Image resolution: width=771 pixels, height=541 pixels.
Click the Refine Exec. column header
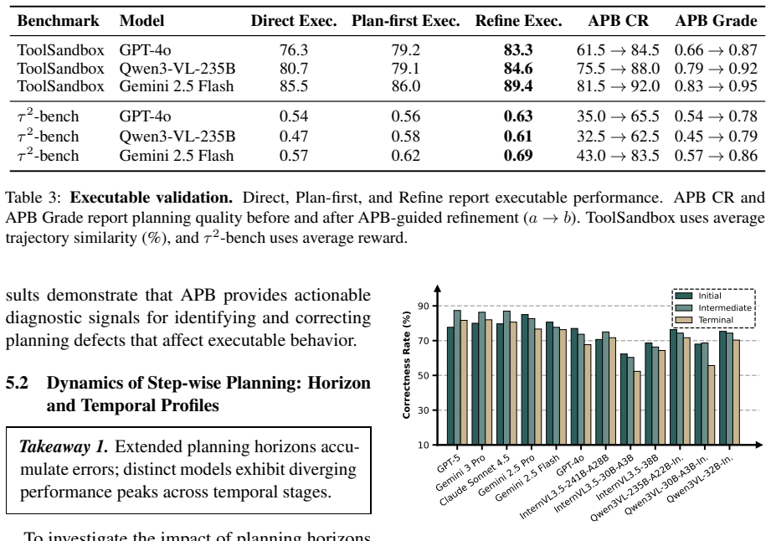[518, 21]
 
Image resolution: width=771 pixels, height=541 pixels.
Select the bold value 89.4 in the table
[518, 86]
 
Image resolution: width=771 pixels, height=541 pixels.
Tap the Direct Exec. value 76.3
[294, 50]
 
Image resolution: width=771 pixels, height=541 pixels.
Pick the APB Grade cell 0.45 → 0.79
[716, 137]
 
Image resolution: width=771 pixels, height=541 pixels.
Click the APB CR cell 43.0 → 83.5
[618, 156]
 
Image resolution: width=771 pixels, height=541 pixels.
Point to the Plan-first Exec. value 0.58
[406, 137]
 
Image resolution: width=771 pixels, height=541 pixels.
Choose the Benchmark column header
[58, 21]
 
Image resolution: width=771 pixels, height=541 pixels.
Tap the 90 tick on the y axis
[424, 306]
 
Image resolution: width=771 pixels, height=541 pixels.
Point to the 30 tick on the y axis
[424, 410]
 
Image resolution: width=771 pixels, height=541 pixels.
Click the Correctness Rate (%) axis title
[406, 365]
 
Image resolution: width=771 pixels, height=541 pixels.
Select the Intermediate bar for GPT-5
[457, 377]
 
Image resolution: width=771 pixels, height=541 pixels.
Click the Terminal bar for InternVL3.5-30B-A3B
[637, 408]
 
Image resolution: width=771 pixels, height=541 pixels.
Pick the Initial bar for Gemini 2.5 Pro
[525, 379]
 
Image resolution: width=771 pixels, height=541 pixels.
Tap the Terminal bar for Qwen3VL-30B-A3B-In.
[711, 404]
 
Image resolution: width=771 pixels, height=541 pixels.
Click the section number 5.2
[17, 383]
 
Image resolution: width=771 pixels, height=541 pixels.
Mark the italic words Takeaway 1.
[63, 446]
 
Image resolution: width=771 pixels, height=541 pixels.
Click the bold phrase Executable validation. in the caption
[151, 197]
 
